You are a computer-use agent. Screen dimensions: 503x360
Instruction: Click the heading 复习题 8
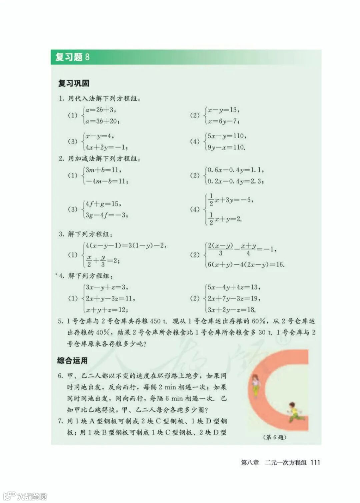[72, 57]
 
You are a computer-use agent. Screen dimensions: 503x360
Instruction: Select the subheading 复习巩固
[74, 83]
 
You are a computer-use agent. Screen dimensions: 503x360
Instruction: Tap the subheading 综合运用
[72, 360]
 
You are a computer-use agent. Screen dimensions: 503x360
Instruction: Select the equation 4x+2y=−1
[106, 147]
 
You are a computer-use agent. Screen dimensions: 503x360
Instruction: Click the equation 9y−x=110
[226, 147]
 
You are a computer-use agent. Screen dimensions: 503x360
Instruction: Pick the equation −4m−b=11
[106, 181]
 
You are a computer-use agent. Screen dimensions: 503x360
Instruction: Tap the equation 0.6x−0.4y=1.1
[235, 170]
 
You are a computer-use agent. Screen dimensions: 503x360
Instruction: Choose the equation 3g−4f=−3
[106, 215]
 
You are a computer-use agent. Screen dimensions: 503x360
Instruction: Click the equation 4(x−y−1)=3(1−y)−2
[126, 246]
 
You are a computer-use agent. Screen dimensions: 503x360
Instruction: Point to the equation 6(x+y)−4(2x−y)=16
[246, 264]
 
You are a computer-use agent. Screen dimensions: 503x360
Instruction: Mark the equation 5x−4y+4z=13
[234, 287]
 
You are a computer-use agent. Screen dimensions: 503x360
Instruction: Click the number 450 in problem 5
[155, 321]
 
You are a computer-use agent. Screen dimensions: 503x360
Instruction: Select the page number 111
[315, 462]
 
